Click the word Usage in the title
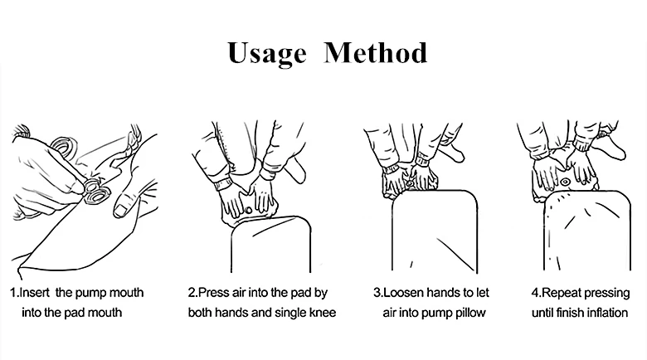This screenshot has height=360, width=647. (x=267, y=54)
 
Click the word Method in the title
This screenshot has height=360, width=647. (x=376, y=52)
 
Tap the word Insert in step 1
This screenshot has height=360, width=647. (x=34, y=293)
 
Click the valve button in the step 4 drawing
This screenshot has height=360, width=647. (x=565, y=182)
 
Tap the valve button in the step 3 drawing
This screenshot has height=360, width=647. (x=410, y=182)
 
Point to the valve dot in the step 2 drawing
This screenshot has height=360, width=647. (x=248, y=211)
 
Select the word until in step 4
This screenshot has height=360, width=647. (x=542, y=313)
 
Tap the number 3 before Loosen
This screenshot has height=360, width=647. (x=377, y=293)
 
